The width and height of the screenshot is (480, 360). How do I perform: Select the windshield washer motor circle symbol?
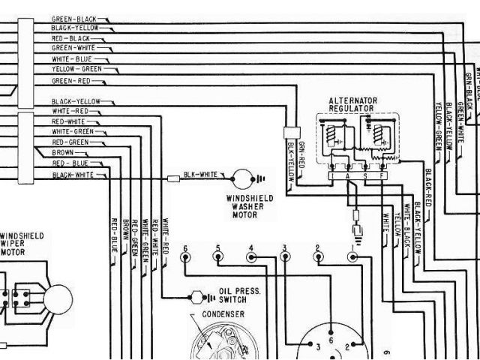[241, 178]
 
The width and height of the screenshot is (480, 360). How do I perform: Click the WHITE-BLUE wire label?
[72, 58]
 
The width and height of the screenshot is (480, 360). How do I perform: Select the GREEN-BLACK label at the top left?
[73, 17]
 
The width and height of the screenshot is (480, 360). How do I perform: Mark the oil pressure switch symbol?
[197, 295]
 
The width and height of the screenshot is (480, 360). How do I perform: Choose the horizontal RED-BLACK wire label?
[70, 38]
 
